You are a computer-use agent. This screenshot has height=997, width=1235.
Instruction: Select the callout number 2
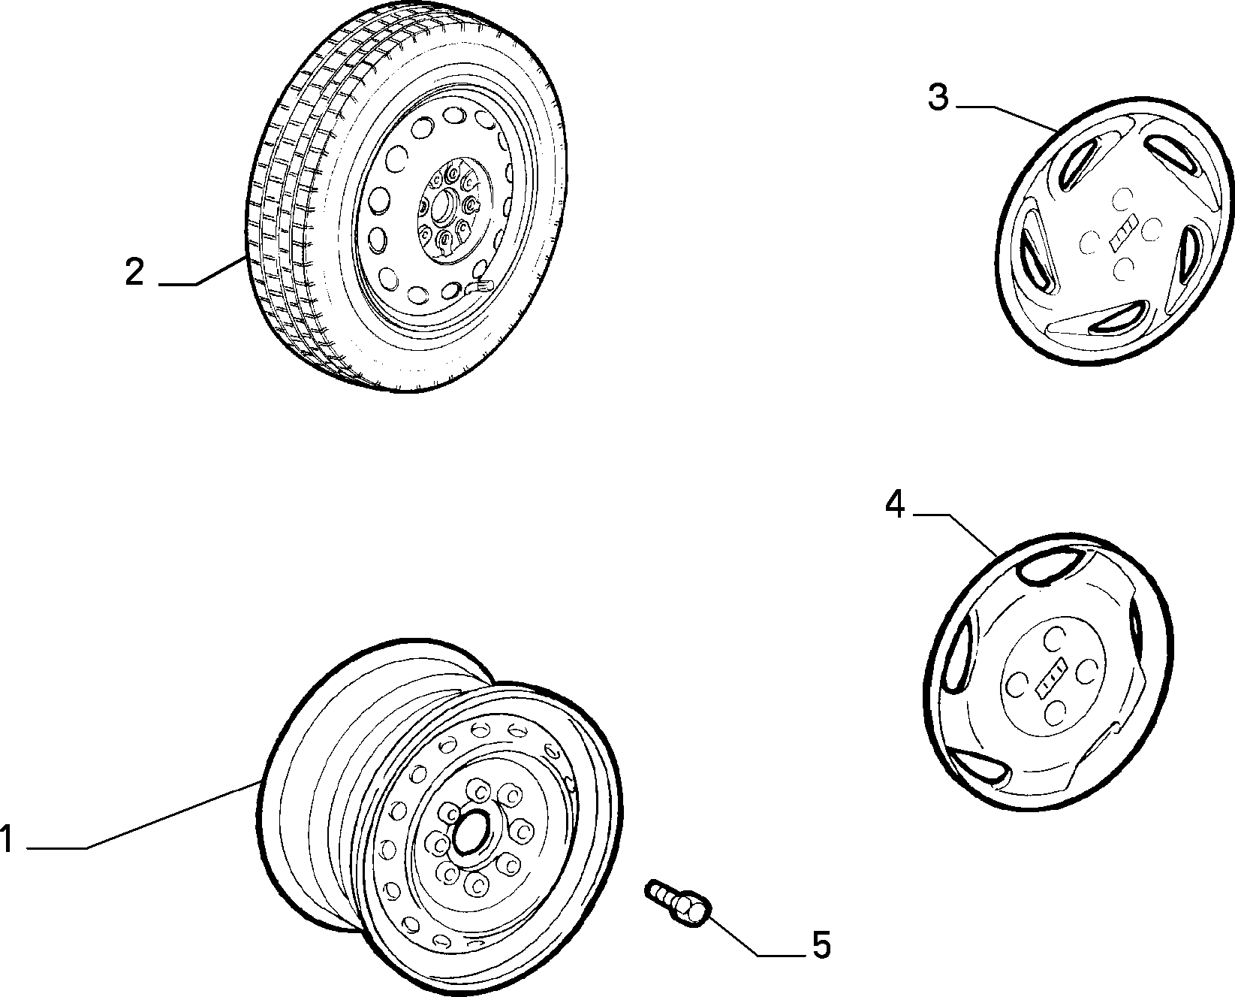tap(134, 272)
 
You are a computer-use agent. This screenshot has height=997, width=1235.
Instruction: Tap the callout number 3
tap(939, 98)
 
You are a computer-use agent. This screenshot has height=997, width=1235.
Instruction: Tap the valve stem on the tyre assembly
tap(480, 286)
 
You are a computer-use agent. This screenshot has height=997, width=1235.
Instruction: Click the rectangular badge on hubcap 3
tap(1123, 233)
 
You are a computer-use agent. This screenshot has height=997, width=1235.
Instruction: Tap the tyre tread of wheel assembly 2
tap(287, 195)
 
